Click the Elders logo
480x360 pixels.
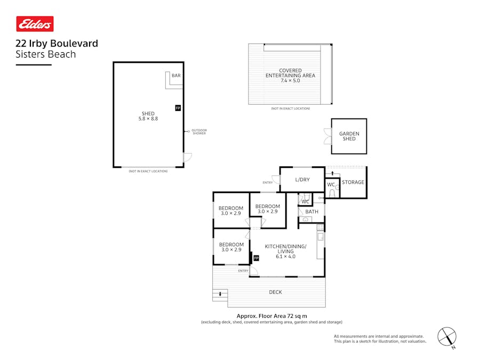pos(35,24)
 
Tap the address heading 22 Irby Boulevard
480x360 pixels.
pos(57,44)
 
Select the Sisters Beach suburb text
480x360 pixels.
pos(46,54)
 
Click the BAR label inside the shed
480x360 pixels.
pos(176,76)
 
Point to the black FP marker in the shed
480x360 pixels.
pos(178,108)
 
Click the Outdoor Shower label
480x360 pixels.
pos(199,132)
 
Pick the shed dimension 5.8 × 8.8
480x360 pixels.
pos(148,119)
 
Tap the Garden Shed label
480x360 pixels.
pos(349,137)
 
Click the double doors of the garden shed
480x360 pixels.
pos(327,137)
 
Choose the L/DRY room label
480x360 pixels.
pos(302,180)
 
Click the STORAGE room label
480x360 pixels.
pos(353,182)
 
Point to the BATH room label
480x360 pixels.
pos(311,212)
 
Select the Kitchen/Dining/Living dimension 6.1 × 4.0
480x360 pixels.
pos(285,257)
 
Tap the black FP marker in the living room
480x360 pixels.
pos(256,258)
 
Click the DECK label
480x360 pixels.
pos(275,292)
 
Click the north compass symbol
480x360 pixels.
pos(447,337)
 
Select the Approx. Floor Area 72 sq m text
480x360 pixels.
pos(271,316)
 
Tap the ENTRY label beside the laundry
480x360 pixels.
pos(267,183)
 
